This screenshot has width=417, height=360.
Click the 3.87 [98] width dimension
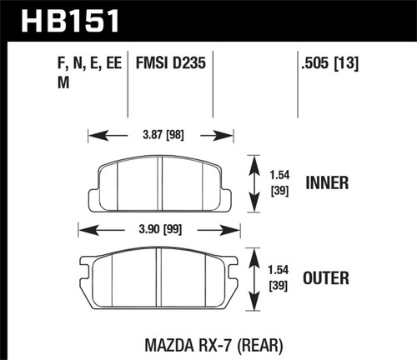click(x=161, y=132)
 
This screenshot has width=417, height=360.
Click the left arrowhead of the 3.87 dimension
click(x=93, y=132)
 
